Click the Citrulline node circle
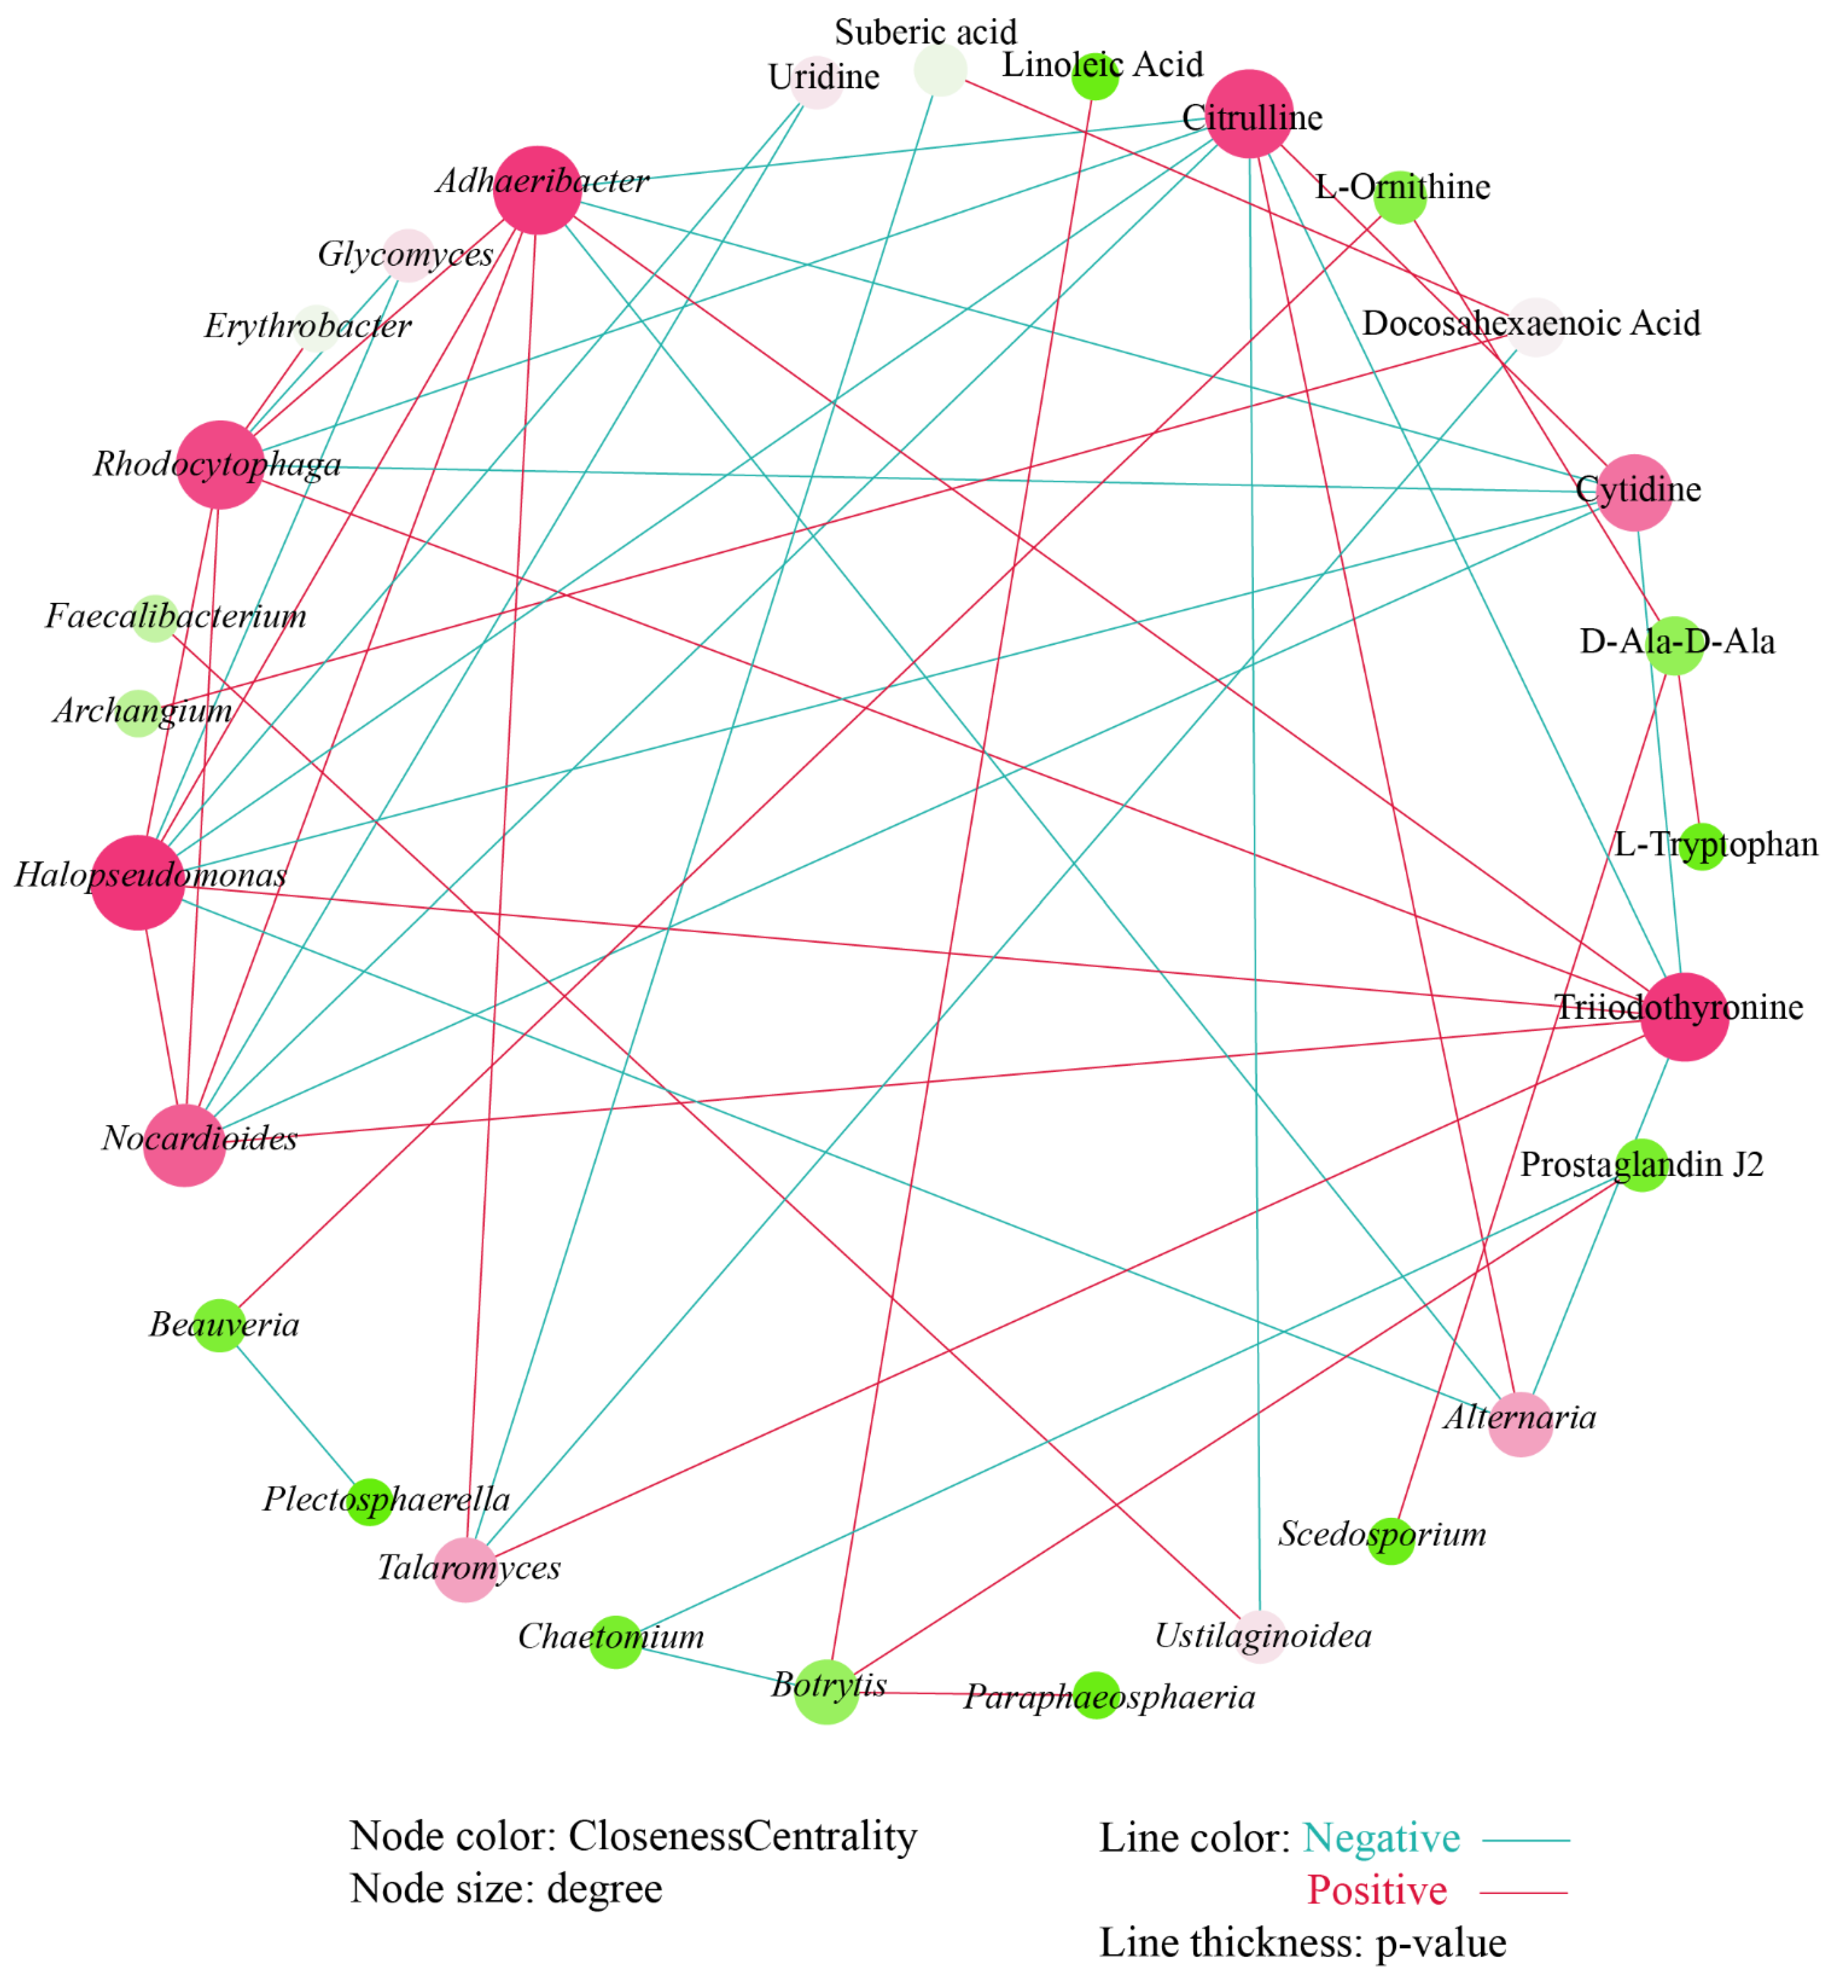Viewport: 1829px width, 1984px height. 1250,114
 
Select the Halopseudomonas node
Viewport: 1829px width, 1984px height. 137,882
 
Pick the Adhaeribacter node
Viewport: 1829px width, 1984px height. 538,190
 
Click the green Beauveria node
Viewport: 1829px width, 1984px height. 219,1326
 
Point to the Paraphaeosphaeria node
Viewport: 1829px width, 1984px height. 1095,1696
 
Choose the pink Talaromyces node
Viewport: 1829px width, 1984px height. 465,1570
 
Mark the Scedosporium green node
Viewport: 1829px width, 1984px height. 1390,1541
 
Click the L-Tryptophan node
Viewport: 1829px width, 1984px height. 1702,846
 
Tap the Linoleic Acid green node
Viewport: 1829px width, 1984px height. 1095,76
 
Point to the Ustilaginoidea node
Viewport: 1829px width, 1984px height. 1260,1637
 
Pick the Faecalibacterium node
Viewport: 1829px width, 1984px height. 155,619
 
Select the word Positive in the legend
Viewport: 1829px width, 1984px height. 1377,1891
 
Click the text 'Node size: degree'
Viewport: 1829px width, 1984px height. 506,1889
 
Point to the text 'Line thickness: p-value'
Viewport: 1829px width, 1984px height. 1303,1943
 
